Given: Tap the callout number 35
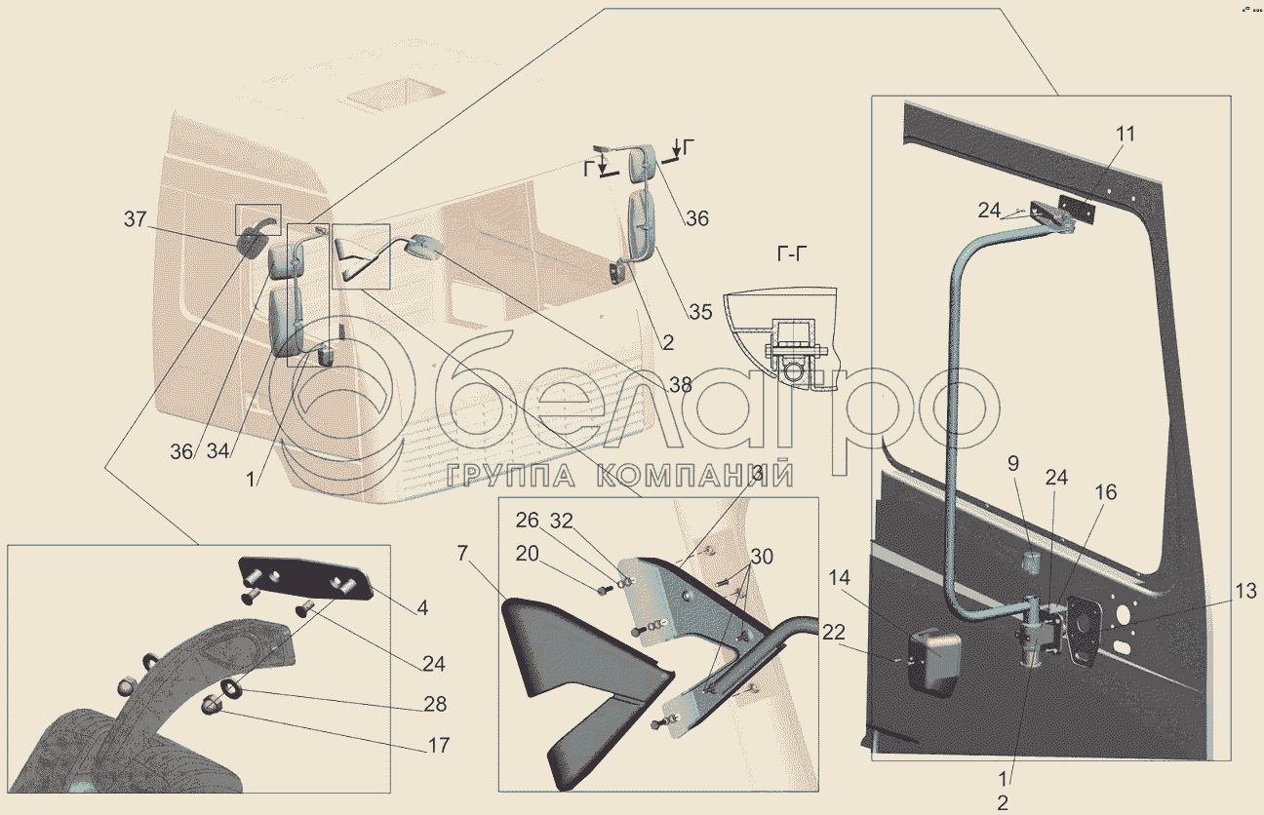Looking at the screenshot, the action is coord(700,312).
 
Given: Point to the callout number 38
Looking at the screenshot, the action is coord(680,384).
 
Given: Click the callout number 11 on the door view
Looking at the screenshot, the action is coord(1126,135).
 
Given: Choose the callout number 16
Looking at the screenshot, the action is coord(1106,491).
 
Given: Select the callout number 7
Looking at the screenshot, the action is coord(462,555).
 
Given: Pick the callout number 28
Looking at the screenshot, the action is coord(436,704).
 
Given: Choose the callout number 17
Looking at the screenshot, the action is coord(438,746).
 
